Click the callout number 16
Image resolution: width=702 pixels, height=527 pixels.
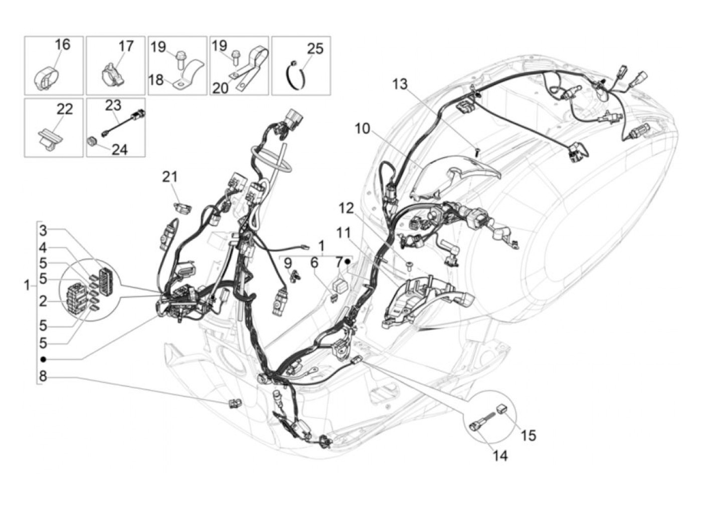point(62,45)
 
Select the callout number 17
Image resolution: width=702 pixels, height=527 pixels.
point(126,46)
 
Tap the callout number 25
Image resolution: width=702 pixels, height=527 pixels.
point(315,49)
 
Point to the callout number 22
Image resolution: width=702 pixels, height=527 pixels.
point(65,109)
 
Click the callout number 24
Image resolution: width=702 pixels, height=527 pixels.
point(119,149)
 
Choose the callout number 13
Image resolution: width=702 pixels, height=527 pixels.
point(400,84)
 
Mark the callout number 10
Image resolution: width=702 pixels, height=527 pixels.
point(362,129)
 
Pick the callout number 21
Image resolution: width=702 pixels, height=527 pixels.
point(169,177)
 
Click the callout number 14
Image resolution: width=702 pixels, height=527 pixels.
point(500,456)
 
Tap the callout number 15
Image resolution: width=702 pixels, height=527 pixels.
point(529,435)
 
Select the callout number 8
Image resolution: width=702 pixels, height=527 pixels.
point(43,376)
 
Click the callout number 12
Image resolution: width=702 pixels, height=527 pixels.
point(346,208)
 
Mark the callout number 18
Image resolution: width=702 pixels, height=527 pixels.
point(156,80)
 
